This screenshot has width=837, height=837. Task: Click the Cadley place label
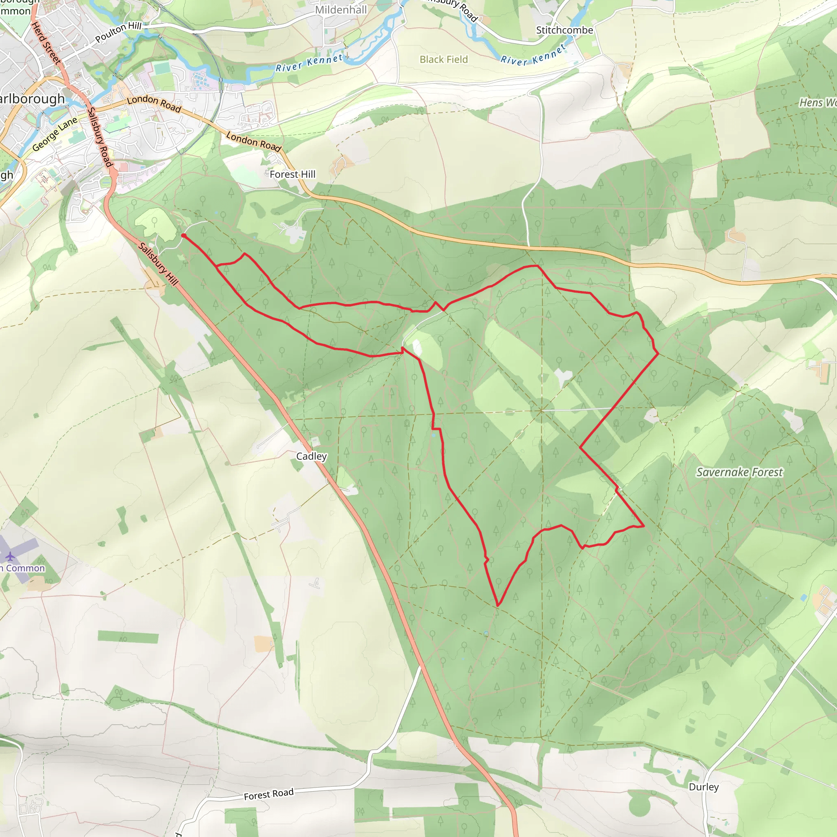tap(311, 456)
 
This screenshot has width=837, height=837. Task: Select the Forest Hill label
tap(293, 174)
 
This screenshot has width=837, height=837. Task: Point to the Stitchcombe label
tap(564, 30)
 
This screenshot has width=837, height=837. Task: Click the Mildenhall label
tap(341, 9)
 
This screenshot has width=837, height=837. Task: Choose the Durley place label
tap(704, 787)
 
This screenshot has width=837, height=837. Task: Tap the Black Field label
tap(443, 59)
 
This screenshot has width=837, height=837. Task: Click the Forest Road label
tap(269, 794)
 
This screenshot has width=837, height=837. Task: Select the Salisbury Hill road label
tap(158, 264)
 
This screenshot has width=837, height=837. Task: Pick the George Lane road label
tap(55, 134)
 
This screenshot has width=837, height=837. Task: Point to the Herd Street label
tap(46, 43)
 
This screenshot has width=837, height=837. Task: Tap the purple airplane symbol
tap(10, 556)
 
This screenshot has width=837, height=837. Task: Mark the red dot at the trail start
tap(184, 236)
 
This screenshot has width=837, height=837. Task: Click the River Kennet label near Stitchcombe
tap(533, 55)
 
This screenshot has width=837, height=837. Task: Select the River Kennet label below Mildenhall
tap(309, 63)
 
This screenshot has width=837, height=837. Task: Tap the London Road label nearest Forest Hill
tap(254, 142)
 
